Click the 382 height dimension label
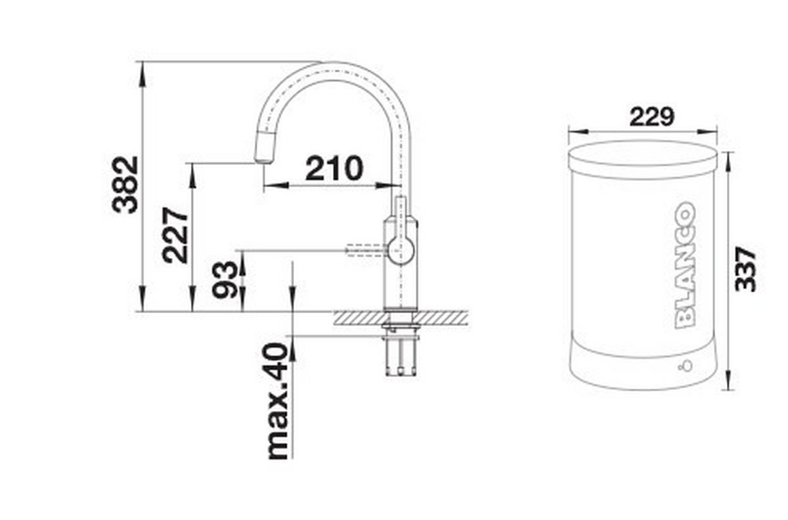(125, 184)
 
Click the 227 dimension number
(175, 235)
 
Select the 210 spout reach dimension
(334, 168)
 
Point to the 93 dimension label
(225, 279)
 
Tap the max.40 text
(278, 401)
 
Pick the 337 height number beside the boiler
(745, 269)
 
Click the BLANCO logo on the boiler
(685, 265)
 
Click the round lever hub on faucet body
(401, 250)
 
